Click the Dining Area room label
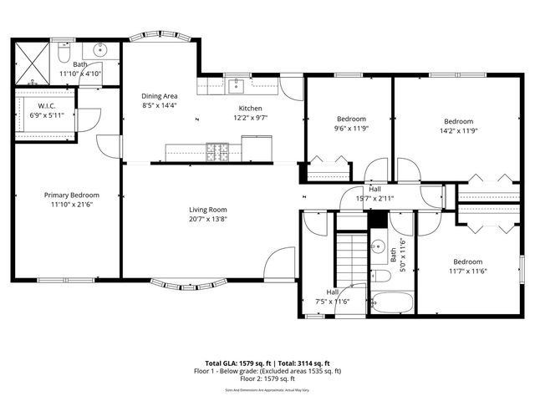[158, 97]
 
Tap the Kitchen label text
[252, 109]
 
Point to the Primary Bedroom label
[72, 195]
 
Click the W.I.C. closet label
[46, 105]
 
